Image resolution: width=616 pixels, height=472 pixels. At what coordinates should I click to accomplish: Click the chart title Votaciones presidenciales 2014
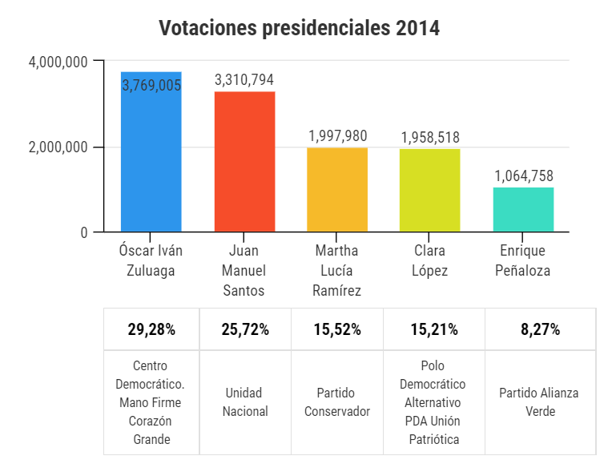pos(300,29)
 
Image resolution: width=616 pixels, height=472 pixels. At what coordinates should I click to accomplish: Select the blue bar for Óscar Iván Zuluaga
pos(151,160)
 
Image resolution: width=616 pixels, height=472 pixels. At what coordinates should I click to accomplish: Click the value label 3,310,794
pos(244,80)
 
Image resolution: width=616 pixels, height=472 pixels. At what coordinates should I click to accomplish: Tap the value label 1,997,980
pos(337,136)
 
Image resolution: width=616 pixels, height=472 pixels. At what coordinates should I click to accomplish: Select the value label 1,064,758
pos(523,176)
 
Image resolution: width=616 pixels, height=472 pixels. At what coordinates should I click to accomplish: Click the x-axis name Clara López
pos(430,260)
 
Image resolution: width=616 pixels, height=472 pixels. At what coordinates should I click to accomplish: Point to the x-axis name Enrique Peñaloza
pos(523,260)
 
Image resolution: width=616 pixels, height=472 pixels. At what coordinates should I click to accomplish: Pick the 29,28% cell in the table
pos(151,329)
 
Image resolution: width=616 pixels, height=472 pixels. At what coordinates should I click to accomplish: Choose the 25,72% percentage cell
pos(244,329)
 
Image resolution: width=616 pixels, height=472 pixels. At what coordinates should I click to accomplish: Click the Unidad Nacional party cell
pos(244,402)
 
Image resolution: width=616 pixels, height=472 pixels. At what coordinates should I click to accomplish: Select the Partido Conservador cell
pos(337,402)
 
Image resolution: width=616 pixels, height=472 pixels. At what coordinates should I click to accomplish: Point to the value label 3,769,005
pos(151,85)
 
